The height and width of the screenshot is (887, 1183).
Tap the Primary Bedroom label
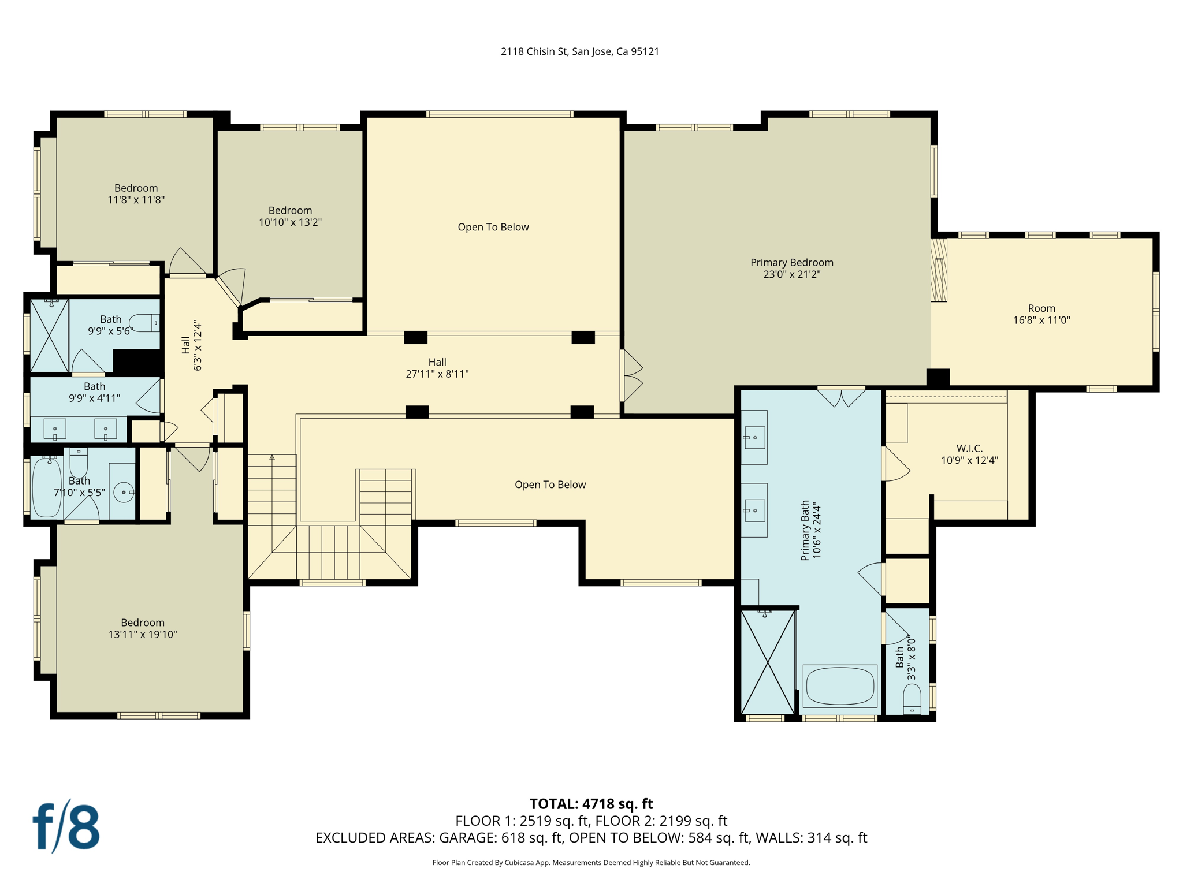coord(791,263)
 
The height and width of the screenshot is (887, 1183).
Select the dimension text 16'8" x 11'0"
coord(1041,320)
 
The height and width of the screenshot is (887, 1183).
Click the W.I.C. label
coord(969,449)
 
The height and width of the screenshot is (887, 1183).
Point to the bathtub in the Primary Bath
coord(839,686)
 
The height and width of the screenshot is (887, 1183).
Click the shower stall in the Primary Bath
coord(768,662)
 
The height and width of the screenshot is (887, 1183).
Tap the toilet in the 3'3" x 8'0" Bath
coord(912,699)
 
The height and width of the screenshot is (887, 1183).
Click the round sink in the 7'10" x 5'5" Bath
coord(123,493)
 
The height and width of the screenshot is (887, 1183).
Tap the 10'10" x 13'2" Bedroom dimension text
coord(290,222)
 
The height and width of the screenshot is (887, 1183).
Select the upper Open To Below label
coord(493,228)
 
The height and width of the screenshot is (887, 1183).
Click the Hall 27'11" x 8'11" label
coord(437,368)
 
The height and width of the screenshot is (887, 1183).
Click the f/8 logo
coord(65,827)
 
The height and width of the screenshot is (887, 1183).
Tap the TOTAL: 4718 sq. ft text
coord(591,804)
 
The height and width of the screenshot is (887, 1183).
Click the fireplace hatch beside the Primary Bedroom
coord(939,270)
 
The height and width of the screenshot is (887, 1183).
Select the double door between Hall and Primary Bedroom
coord(631,376)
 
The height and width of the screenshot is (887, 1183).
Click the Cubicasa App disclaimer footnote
coord(591,863)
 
